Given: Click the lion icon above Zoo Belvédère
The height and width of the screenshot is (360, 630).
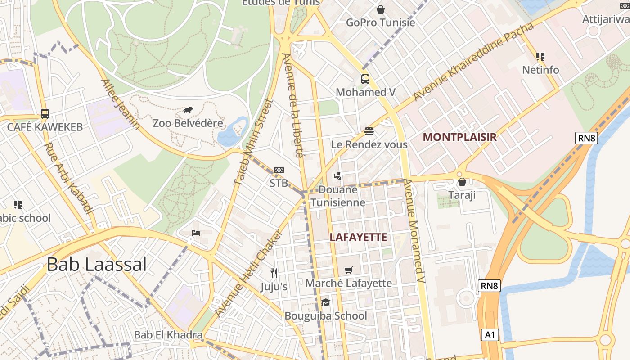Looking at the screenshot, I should tap(188, 110).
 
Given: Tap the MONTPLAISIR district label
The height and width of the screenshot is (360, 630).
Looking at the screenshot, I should tap(460, 137).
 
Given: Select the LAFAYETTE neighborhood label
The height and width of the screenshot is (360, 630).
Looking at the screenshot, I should tap(358, 237).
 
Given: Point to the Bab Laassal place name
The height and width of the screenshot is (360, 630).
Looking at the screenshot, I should tap(97, 265).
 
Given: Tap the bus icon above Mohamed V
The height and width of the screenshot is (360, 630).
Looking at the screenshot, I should tap(365, 79).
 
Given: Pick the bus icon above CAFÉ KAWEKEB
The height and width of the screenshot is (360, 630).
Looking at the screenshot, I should tap(45, 113).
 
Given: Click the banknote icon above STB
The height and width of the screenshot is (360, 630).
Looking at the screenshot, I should tap(279, 170).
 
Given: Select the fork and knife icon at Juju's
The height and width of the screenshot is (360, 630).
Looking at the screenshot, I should tap(274, 273).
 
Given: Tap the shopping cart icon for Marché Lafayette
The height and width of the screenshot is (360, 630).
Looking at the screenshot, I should tap(348, 270).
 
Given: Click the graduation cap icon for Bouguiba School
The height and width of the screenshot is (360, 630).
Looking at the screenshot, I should tap(325, 302).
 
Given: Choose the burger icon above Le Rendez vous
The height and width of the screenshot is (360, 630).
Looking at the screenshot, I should tap(369, 131).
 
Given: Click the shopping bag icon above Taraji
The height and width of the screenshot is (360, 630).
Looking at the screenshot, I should tap(462, 182).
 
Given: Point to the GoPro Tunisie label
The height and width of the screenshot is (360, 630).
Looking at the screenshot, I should tap(380, 22).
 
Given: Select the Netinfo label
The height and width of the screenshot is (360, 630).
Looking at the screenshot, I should tap(540, 70).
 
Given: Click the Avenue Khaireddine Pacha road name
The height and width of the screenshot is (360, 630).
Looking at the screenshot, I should tap(473, 62).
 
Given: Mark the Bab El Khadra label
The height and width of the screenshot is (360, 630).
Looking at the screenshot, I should tap(168, 335).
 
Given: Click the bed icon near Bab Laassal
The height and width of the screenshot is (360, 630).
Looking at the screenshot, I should tap(196, 233).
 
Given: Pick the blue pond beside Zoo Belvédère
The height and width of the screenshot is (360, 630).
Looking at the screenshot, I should tap(232, 133).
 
